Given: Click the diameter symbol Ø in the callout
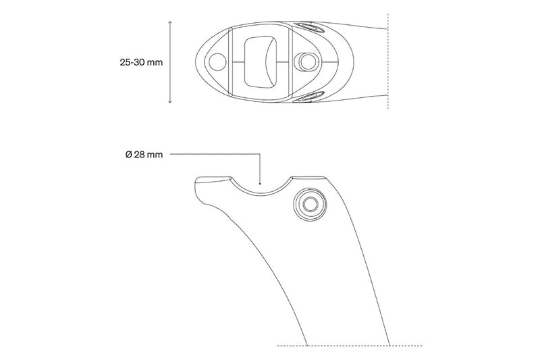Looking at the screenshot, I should (x=128, y=155).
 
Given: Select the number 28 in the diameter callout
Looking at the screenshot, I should (x=140, y=155).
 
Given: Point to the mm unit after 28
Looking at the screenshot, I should (x=155, y=155).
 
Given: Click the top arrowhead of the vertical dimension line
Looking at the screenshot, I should (x=169, y=22).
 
